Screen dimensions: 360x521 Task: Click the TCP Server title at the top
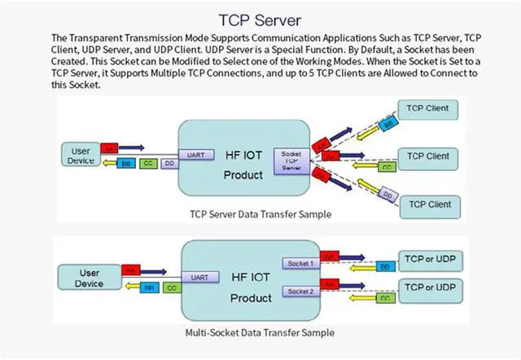(x=260, y=18)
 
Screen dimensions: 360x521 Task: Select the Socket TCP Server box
(x=291, y=160)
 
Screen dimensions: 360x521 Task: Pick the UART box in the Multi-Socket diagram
(x=199, y=277)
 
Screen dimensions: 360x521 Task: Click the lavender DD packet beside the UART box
(x=168, y=163)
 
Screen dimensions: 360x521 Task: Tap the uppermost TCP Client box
(x=427, y=108)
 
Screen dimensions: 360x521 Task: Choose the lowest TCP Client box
(x=427, y=204)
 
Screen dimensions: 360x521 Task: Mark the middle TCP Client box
(x=427, y=156)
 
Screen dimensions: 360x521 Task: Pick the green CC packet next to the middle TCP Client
(x=387, y=167)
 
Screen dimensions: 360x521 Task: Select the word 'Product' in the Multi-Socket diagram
(x=250, y=297)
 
